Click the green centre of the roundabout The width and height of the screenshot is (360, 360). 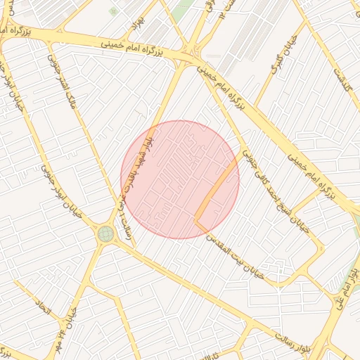106,233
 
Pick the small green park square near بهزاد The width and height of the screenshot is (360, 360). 113,11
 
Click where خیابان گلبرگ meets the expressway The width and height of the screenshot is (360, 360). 255,105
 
